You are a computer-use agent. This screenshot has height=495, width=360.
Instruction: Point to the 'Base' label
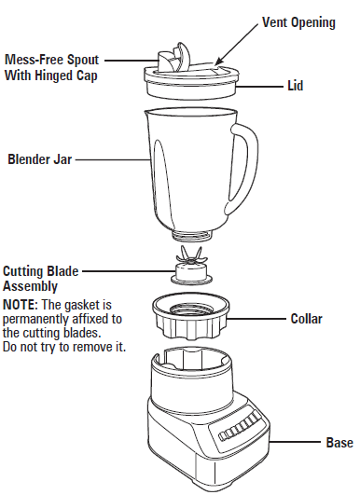[x=339, y=442]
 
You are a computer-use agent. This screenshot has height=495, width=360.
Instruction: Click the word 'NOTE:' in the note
[x=20, y=305]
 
